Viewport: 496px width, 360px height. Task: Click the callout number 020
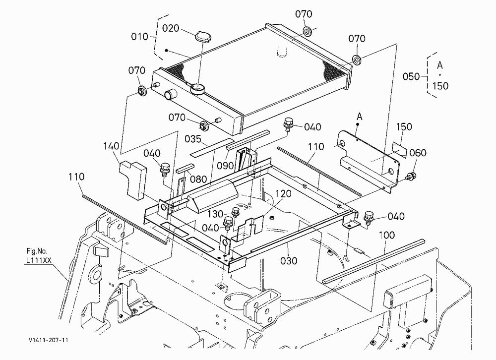coord(171,28)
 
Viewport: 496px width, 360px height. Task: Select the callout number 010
coord(139,37)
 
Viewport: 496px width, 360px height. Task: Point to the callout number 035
coord(192,139)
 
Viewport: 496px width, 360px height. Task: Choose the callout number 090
coord(225,166)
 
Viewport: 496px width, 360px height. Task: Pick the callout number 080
coord(198,179)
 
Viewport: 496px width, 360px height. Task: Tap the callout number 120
coord(283,193)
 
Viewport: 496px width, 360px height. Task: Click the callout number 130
coord(215,214)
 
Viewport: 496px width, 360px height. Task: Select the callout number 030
coord(289,261)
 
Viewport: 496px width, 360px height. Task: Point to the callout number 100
coord(386,235)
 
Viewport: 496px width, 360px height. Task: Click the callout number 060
coord(418,153)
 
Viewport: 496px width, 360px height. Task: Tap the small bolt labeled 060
coord(411,176)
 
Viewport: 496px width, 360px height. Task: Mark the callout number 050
coord(411,76)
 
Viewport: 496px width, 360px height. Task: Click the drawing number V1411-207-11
coord(48,340)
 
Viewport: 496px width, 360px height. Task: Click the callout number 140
coord(111,146)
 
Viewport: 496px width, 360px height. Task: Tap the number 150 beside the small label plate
coord(404,126)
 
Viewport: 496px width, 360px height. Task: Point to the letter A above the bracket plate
coord(359,117)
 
